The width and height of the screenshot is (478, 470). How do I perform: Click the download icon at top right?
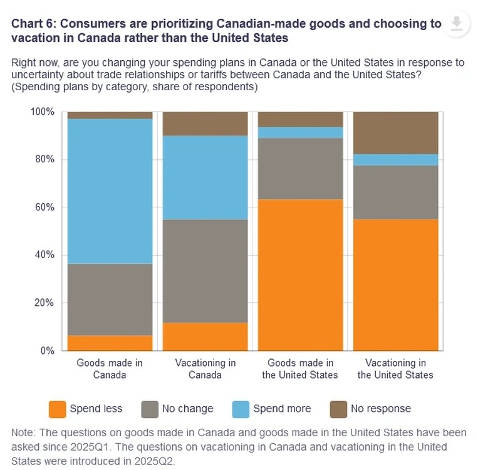[457, 24]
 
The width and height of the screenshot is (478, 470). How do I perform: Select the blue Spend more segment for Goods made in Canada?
[110, 191]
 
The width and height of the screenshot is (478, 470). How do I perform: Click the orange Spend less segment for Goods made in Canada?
[110, 343]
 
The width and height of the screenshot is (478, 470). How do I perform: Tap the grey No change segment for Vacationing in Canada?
[205, 271]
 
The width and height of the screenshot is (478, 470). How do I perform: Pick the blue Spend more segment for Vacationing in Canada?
[205, 177]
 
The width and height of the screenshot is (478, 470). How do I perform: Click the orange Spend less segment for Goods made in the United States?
[301, 275]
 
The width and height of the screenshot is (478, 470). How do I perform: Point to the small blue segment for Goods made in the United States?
[301, 132]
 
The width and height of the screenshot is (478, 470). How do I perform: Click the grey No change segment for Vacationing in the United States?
[396, 192]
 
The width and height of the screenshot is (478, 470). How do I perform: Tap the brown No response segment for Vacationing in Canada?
[205, 123]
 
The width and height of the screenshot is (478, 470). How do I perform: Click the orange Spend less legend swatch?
[57, 409]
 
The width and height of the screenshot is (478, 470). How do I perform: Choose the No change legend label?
[187, 409]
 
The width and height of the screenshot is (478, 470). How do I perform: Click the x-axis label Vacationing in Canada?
[205, 368]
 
